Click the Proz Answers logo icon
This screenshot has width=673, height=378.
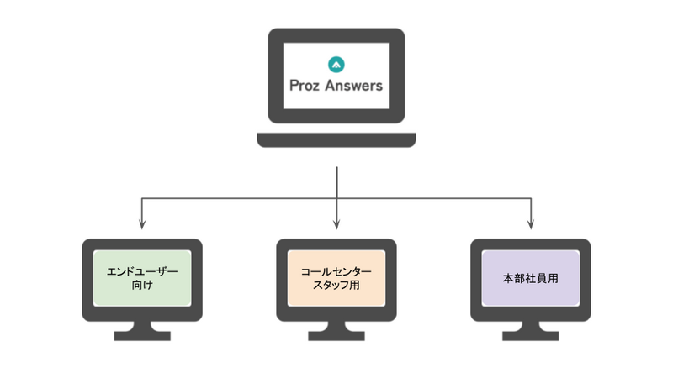pos(336,63)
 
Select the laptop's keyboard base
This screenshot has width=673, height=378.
pos(336,139)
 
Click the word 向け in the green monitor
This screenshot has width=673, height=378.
pos(142,286)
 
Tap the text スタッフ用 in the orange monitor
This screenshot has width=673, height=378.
pos(336,286)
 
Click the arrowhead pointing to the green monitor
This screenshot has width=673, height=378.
pos(142,224)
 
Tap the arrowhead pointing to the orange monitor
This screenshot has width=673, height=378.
pos(336,224)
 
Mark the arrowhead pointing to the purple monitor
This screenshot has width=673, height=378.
pos(530,224)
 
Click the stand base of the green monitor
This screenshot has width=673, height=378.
pos(142,335)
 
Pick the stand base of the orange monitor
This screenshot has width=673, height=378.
pos(336,335)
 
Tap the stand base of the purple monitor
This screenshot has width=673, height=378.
pos(530,335)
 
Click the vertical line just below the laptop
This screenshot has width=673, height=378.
pos(336,181)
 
